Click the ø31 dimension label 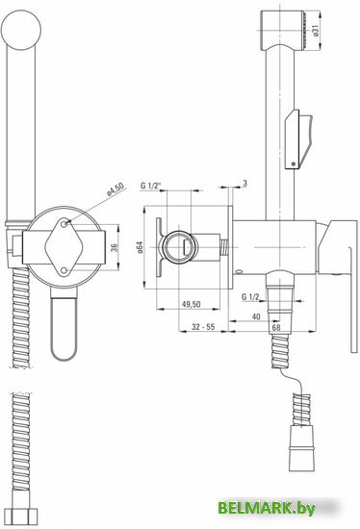pos(315,30)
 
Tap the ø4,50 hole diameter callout pos(116,189)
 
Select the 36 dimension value pos(115,247)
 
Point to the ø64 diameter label pos(141,247)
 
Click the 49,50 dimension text pos(192,304)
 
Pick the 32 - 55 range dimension pos(203,327)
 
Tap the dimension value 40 pos(256,316)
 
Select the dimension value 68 pos(276,327)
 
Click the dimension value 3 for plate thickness pos(245,183)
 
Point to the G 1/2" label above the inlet pos(150,186)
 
